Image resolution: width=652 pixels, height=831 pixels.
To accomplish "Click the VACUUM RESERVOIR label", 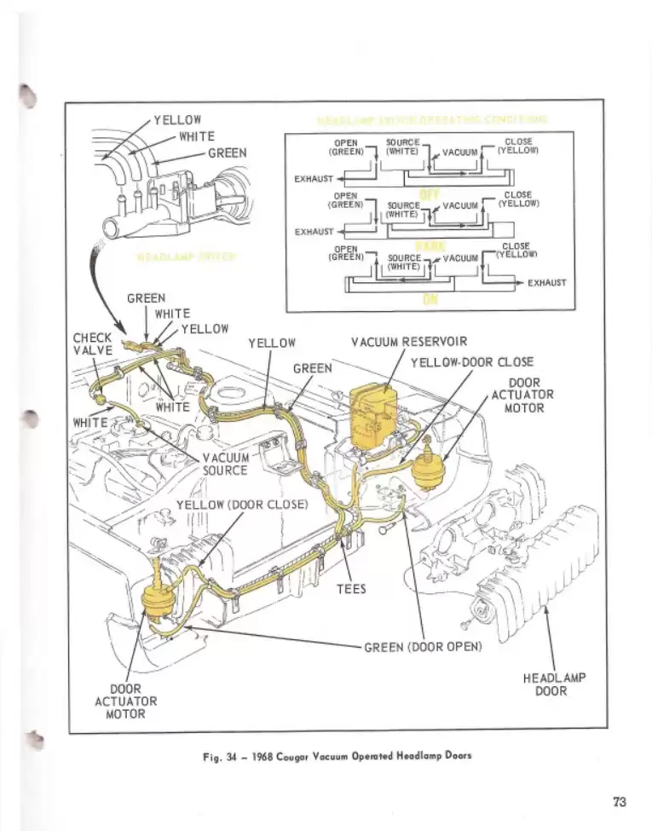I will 408,343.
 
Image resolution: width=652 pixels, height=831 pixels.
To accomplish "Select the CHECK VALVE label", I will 93,343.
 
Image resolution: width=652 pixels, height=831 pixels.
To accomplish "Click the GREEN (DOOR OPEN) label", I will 423,646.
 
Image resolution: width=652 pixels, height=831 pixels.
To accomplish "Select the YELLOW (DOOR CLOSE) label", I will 241,504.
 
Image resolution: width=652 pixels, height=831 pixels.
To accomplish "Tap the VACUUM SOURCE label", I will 225,464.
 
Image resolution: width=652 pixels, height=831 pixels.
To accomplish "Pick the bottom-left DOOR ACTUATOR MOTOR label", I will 125,701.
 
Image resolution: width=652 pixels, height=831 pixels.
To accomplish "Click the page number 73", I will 619,801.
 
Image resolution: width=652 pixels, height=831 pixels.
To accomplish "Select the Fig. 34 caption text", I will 337,755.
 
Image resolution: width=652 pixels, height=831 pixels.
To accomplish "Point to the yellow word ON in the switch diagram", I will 429,299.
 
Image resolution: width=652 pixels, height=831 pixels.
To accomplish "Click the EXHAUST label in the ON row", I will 546,282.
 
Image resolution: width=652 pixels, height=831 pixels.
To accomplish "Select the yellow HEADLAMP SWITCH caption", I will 186,257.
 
